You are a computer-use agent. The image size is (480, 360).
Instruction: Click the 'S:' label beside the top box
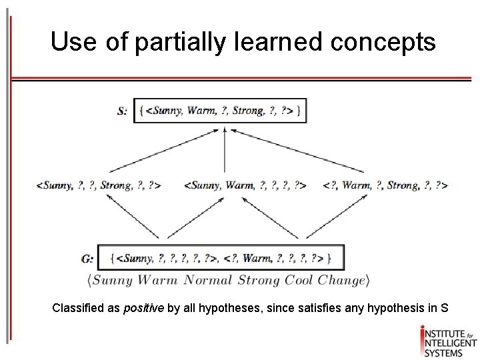[123, 111]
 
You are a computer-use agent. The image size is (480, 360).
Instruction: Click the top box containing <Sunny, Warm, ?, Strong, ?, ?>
[221, 111]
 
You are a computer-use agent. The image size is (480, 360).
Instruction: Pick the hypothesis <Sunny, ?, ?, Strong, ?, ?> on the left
[99, 185]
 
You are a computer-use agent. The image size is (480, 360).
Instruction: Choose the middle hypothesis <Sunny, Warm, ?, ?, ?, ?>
[245, 185]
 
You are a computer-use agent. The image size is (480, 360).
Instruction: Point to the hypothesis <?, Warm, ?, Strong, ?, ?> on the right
[385, 185]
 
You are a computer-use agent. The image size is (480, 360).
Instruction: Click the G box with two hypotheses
[221, 257]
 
